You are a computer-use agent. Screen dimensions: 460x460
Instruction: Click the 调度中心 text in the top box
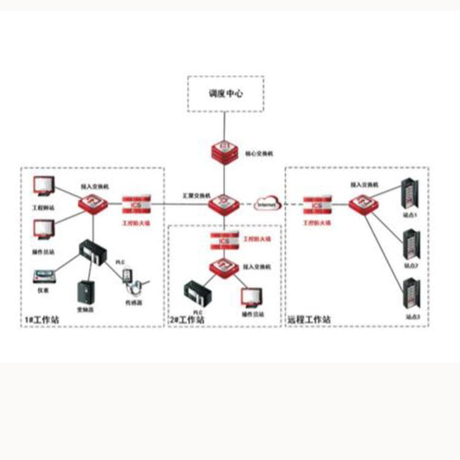click(225, 95)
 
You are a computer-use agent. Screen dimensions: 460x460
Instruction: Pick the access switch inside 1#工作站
click(93, 203)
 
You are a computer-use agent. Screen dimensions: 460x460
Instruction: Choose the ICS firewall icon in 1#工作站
click(136, 204)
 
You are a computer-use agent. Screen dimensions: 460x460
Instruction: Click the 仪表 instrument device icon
click(44, 274)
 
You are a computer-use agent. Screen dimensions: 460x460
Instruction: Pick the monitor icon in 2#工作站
click(250, 297)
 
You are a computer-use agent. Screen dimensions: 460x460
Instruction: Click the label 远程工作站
click(310, 320)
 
